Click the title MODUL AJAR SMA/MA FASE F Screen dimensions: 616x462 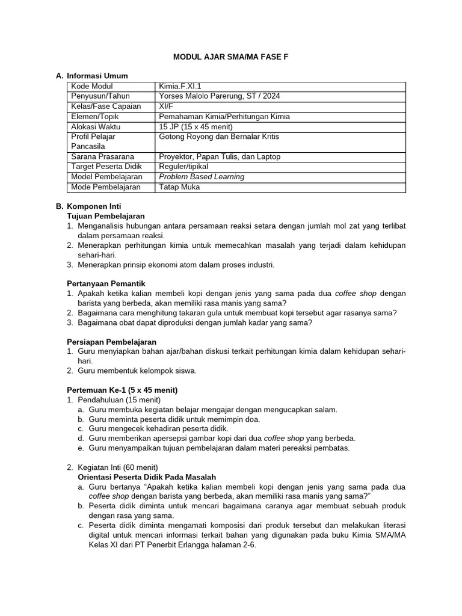tap(230, 57)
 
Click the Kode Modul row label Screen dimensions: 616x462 tap(92, 86)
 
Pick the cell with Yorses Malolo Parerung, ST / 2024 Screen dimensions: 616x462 tap(219, 96)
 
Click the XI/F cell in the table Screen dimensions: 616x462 tap(166, 106)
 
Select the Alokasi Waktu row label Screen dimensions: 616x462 tap(96, 126)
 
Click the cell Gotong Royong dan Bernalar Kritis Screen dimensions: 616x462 tap(219, 137)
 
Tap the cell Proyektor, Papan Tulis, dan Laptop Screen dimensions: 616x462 tap(220, 156)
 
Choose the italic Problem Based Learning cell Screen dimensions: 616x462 tap(202, 177)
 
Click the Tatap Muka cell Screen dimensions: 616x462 tap(179, 187)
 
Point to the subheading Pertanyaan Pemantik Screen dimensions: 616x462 tap(106, 283)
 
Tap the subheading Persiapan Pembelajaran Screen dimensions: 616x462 tap(111, 342)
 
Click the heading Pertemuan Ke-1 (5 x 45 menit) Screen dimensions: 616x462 tap(122, 390)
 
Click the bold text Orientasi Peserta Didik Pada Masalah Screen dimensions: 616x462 tap(143, 477)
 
